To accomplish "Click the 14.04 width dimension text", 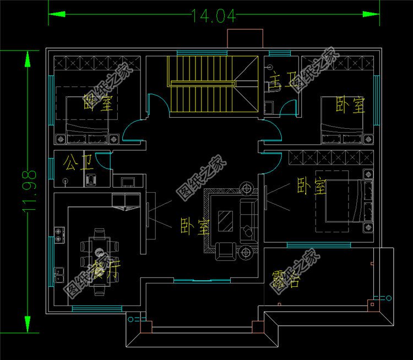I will pyautogui.click(x=214, y=16).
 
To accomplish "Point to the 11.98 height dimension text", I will pyautogui.click(x=31, y=190).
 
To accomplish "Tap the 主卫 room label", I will pyautogui.click(x=280, y=84).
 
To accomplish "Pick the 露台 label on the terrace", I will pyautogui.click(x=285, y=280).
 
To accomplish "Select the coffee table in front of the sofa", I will pyautogui.click(x=225, y=221).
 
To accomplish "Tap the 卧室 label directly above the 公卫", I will pyautogui.click(x=98, y=103).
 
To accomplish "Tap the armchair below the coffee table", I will pyautogui.click(x=225, y=250).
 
